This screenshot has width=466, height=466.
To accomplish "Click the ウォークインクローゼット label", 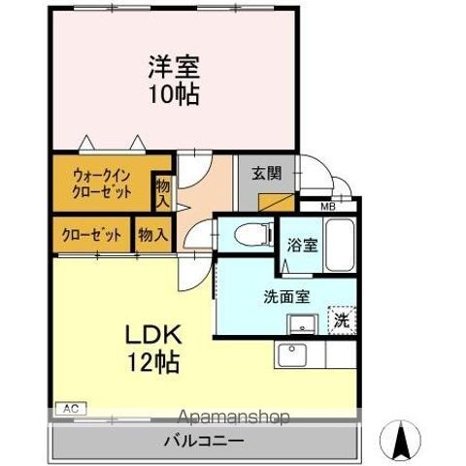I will click(101, 183).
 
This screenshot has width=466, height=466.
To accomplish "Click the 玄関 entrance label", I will click(267, 174).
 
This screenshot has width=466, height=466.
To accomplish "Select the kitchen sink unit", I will click(295, 355).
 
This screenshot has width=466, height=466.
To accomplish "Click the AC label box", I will click(69, 410).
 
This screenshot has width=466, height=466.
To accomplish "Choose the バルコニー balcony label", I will click(203, 441).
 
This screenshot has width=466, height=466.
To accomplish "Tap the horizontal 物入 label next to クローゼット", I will click(153, 234).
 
